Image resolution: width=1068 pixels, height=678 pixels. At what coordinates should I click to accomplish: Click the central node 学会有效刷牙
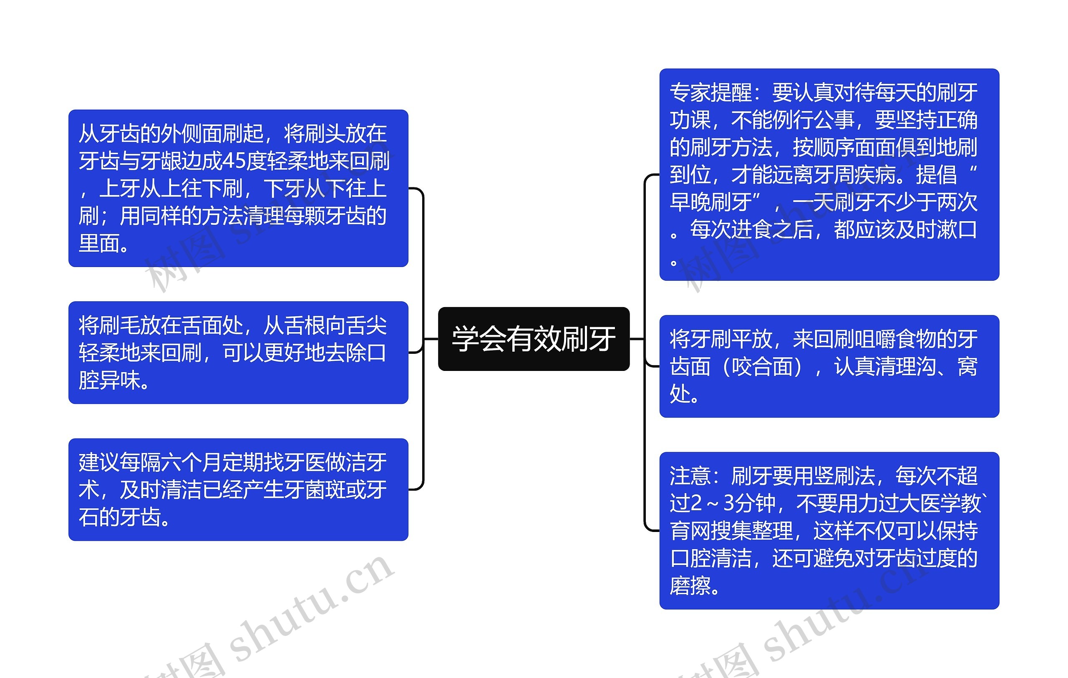[x=534, y=339]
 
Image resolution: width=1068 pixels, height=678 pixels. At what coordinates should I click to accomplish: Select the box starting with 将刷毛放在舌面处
[x=238, y=353]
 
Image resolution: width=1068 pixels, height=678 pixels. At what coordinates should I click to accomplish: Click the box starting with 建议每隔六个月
[x=238, y=489]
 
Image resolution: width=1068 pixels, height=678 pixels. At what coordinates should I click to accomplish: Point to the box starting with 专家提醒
[x=829, y=174]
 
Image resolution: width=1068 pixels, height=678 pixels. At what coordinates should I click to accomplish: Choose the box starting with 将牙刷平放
[x=829, y=366]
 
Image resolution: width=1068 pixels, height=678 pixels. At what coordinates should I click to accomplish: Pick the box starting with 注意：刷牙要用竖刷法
[x=829, y=531]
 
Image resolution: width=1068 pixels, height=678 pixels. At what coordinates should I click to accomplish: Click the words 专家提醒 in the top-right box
[x=711, y=92]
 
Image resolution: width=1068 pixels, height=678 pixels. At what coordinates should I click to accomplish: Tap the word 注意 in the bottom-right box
[x=690, y=476]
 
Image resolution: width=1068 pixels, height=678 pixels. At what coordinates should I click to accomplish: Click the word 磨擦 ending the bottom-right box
[x=690, y=586]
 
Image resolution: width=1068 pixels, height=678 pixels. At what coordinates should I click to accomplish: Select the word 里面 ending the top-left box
[x=99, y=243]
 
